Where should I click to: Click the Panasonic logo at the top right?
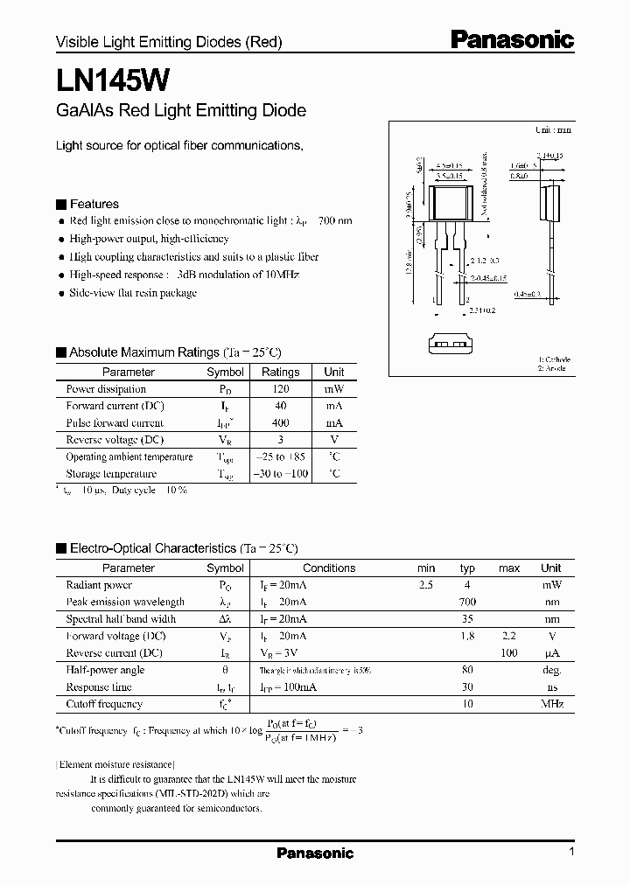coord(512,39)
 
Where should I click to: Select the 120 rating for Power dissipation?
coord(280,389)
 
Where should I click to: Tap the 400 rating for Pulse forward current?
coord(280,422)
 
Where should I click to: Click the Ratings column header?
coord(280,372)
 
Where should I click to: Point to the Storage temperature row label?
coord(111,474)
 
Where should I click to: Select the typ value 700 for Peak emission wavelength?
coord(467,602)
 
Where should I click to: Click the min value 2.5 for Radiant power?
coord(426,585)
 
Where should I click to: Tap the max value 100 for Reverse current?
coord(509,652)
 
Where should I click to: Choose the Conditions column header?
coord(329,568)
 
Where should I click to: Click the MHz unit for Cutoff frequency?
coord(550,704)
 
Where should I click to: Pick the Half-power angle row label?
coord(105,670)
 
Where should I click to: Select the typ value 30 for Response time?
coord(467,686)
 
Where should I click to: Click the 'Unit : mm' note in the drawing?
coord(553,130)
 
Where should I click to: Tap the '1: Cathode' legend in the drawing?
coord(553,359)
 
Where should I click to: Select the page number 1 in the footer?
coord(571,852)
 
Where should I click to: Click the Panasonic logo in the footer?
coord(315,853)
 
